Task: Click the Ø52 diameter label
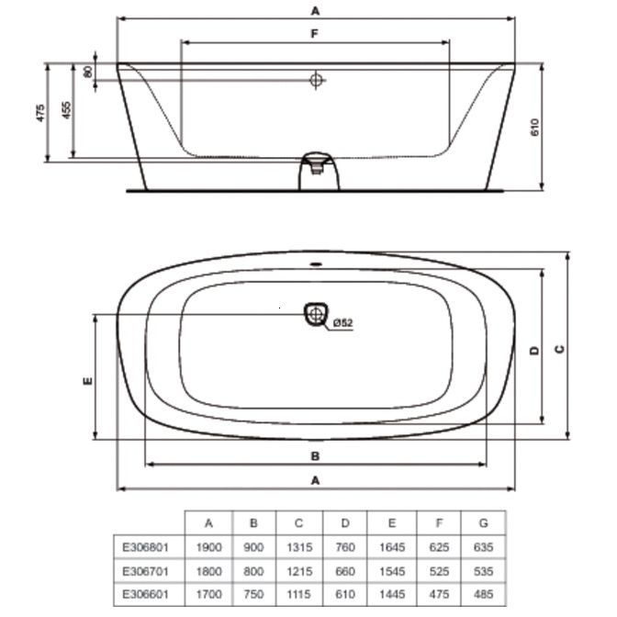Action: click(342, 322)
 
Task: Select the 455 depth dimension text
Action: click(65, 110)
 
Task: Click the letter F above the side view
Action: click(314, 33)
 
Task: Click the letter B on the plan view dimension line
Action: click(314, 455)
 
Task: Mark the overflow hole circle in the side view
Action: click(316, 80)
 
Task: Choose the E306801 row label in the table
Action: click(146, 547)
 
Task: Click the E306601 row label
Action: click(146, 595)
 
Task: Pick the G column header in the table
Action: click(484, 523)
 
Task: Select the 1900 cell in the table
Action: click(208, 547)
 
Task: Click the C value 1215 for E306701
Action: click(298, 571)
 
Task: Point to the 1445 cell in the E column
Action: click(391, 595)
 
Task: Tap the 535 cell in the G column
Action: click(484, 571)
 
